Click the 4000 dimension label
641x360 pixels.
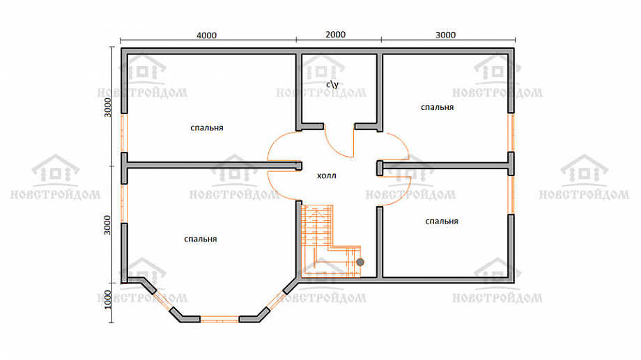[x=206, y=36]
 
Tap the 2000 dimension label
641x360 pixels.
[x=336, y=35]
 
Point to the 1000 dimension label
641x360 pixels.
[x=107, y=299]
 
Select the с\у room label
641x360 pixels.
[x=332, y=84]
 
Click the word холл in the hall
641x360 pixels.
[x=327, y=175]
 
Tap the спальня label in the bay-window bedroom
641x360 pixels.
[x=201, y=239]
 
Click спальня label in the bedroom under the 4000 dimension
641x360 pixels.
[x=207, y=128]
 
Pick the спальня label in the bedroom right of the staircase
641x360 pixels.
[x=442, y=221]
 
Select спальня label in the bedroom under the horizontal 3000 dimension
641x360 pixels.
[x=438, y=107]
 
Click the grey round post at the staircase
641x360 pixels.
[x=360, y=262]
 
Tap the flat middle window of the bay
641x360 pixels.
[x=219, y=319]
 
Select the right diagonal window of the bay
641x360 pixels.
[x=275, y=302]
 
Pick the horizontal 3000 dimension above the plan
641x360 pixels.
[x=449, y=40]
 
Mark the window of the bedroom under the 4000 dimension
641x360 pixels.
[x=124, y=133]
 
